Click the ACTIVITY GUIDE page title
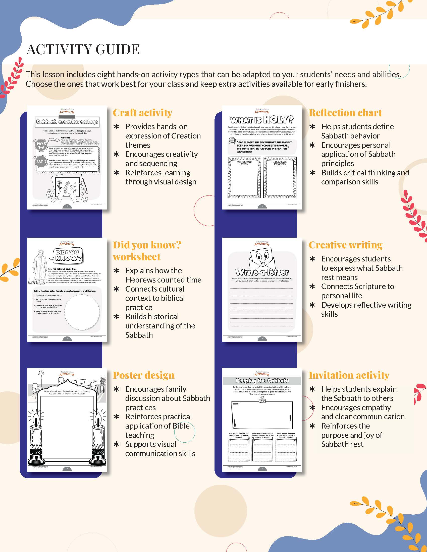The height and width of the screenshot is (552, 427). (83, 49)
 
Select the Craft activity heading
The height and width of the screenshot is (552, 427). (142, 113)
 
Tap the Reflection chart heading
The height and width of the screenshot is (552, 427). (345, 113)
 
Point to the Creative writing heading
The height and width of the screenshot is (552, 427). (345, 245)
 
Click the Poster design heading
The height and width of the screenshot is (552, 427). (144, 375)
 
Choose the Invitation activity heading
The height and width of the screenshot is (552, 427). (349, 375)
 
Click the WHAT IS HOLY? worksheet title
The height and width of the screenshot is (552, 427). (262, 119)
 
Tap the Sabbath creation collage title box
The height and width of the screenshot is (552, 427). (67, 122)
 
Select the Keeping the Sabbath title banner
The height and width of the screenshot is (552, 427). (262, 381)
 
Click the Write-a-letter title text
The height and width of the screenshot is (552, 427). (262, 272)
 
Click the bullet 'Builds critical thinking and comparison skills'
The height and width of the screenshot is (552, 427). (365, 177)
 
